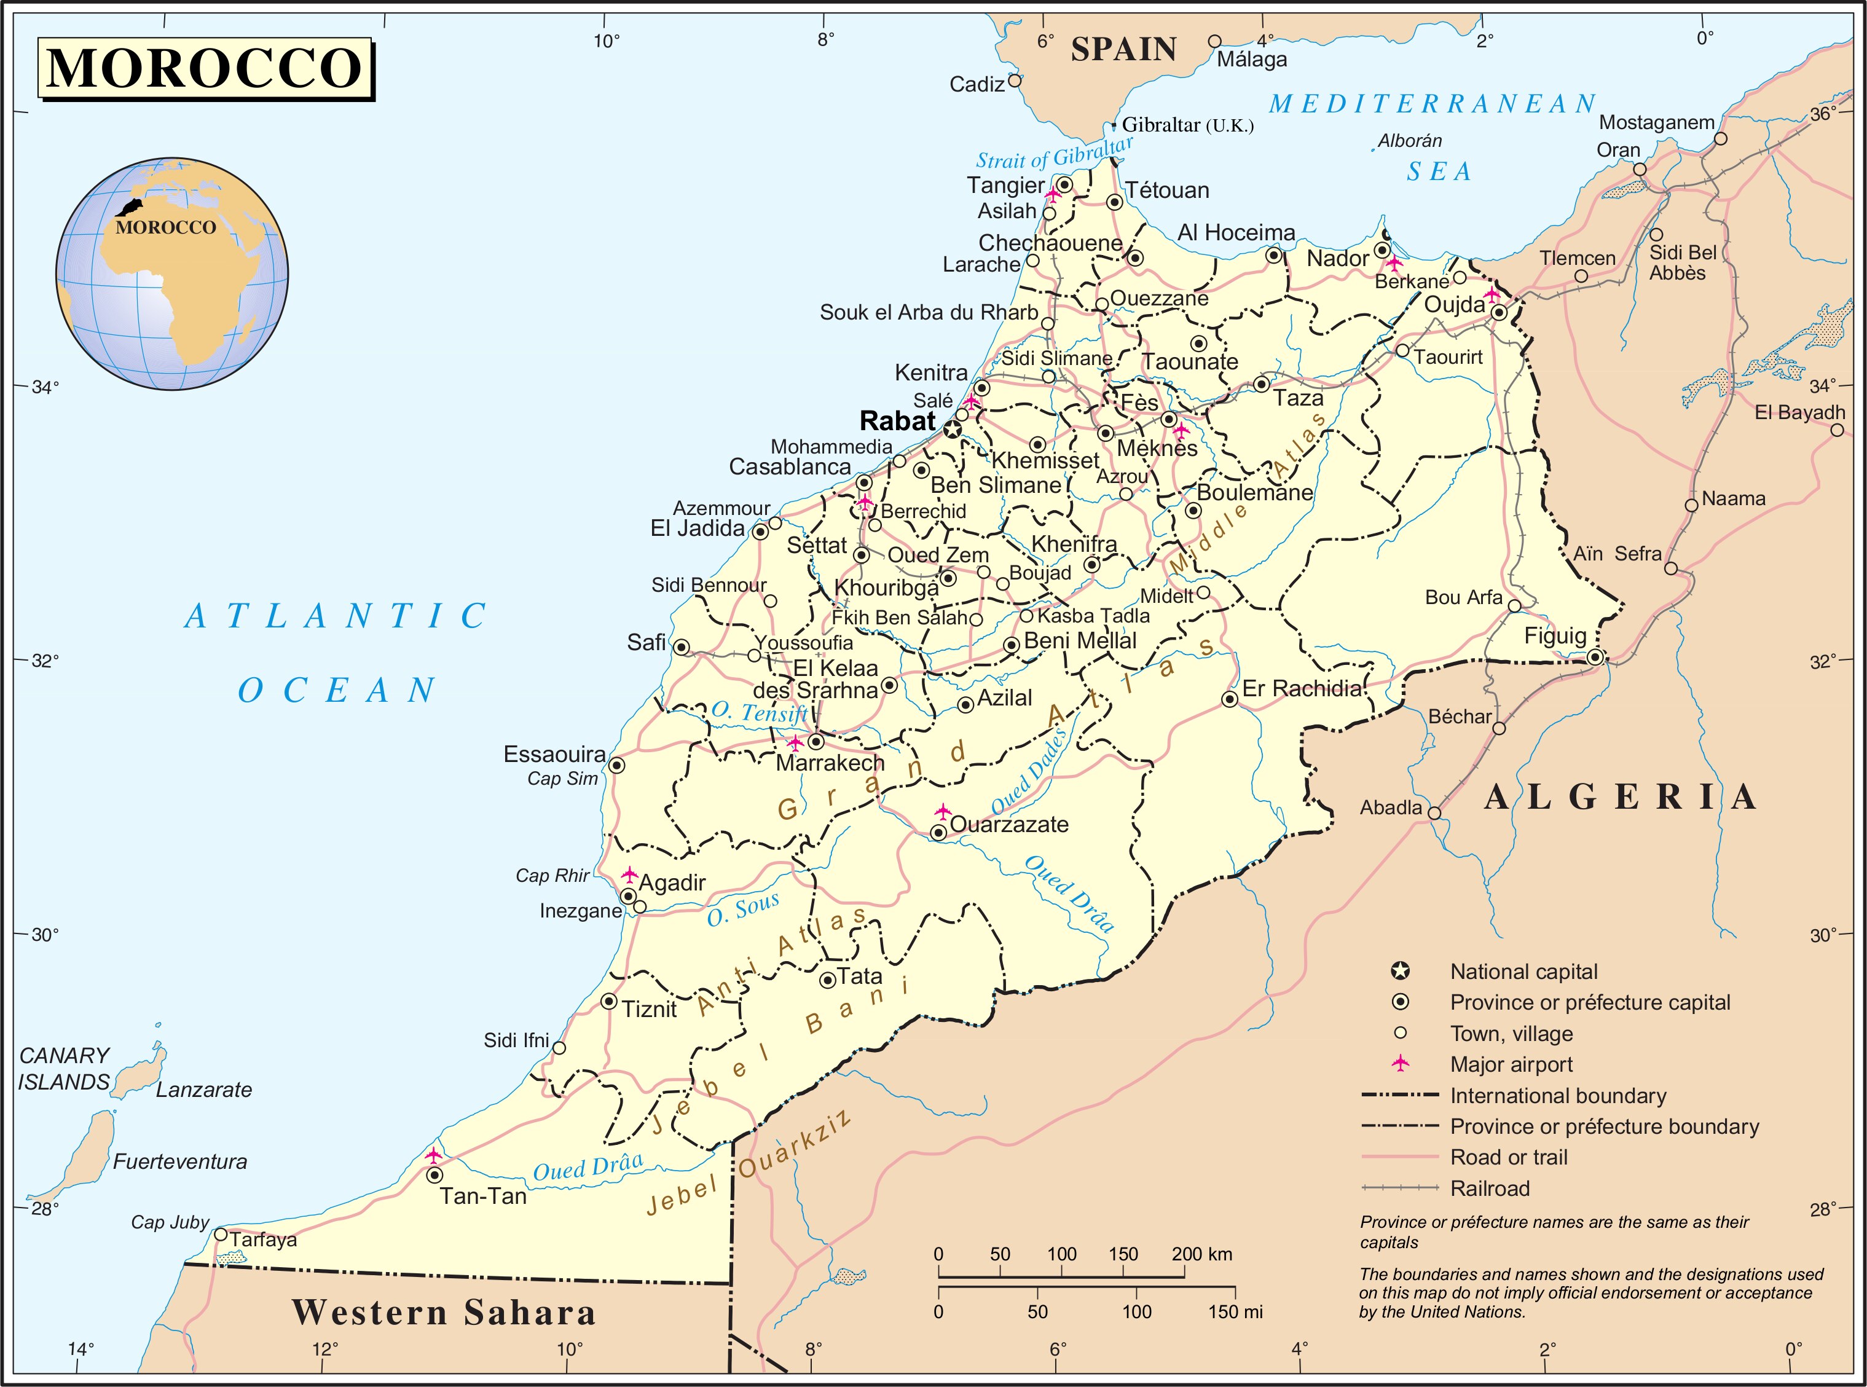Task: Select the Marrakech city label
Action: (830, 763)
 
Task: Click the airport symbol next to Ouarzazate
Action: (943, 812)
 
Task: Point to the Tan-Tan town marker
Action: (434, 1176)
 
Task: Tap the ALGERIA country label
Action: (1620, 797)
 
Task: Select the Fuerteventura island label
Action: (179, 1162)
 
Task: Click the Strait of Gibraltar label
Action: (1053, 154)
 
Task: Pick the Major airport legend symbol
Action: (1399, 1064)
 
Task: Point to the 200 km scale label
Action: (1201, 1254)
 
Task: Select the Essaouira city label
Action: (554, 754)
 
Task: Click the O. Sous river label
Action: (743, 910)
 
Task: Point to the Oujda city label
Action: (1454, 305)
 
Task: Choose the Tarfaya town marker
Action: (221, 1234)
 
